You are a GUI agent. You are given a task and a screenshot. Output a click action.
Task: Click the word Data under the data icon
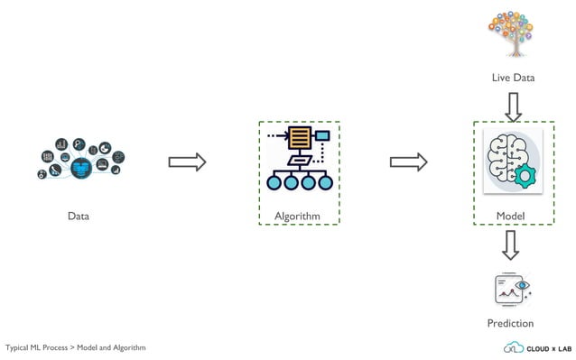(79, 217)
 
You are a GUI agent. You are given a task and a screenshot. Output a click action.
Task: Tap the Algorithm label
(298, 217)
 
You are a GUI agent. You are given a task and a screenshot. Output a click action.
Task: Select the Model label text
(510, 217)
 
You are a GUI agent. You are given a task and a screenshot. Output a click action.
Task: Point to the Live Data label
(513, 78)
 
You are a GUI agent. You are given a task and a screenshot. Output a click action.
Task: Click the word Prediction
(510, 323)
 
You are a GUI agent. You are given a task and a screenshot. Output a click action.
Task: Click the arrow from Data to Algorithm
(188, 162)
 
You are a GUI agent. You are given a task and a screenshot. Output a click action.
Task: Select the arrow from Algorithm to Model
(408, 162)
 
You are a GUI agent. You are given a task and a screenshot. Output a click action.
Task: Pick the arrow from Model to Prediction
(511, 245)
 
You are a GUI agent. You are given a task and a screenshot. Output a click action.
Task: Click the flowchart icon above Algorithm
(298, 159)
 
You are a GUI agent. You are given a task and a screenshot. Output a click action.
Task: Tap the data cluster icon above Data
(79, 159)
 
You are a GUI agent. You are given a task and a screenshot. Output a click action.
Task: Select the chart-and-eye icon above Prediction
(511, 289)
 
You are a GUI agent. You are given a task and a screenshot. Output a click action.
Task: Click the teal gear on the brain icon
(526, 174)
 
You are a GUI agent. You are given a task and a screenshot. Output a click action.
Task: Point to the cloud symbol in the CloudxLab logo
(513, 347)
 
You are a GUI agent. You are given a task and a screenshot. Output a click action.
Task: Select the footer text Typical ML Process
(38, 348)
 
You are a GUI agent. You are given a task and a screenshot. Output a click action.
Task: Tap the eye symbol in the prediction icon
(521, 285)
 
